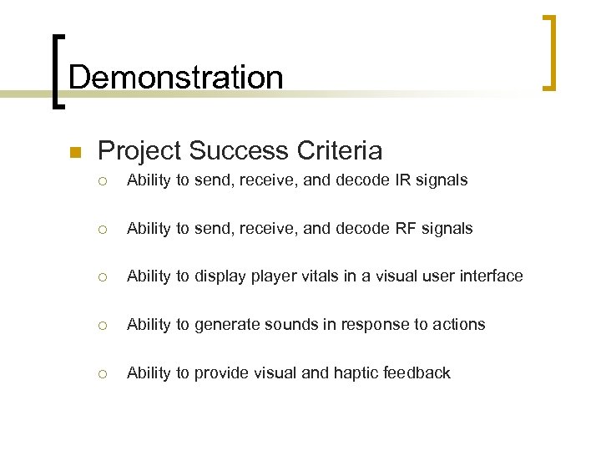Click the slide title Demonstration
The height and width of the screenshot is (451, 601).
pyautogui.click(x=175, y=78)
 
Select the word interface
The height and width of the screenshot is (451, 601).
pyautogui.click(x=491, y=276)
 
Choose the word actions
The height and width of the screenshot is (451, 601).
pyautogui.click(x=458, y=324)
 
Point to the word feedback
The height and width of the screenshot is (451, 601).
pyautogui.click(x=417, y=372)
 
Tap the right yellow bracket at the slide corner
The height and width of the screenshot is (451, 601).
pyautogui.click(x=549, y=52)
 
